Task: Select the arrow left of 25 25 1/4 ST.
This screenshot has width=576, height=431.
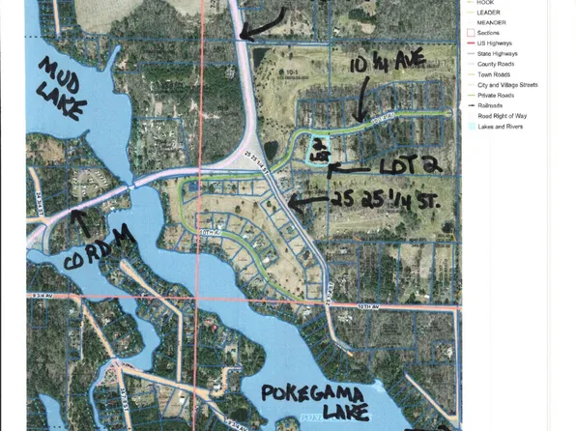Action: point(307,202)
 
